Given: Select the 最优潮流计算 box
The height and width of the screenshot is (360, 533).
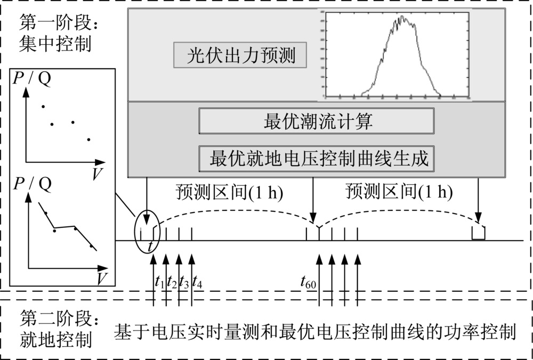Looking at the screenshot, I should click(x=318, y=122).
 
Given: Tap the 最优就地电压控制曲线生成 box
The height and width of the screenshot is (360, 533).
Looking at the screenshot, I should click(x=318, y=158).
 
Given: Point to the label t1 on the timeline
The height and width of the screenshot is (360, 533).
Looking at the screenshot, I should click(x=159, y=282).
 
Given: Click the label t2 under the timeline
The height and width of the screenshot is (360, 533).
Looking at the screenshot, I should click(x=172, y=282).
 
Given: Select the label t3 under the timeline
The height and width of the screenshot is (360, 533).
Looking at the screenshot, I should click(x=184, y=282).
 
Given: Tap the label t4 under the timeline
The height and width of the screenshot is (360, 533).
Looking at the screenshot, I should click(x=197, y=282).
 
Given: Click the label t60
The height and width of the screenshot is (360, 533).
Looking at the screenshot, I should click(x=309, y=282).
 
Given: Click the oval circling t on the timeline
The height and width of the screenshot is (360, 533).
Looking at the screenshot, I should click(x=147, y=233).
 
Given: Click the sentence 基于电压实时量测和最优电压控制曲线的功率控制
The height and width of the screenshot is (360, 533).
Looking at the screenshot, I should click(x=314, y=332).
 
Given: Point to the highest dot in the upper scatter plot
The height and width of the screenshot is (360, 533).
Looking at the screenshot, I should click(x=43, y=104).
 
